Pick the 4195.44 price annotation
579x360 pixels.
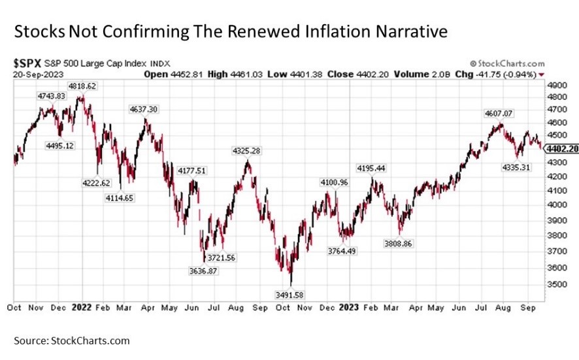tap(371, 168)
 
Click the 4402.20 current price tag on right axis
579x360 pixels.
tap(564, 149)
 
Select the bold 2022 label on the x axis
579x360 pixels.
tap(82, 306)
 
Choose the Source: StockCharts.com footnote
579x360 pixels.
tap(72, 340)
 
